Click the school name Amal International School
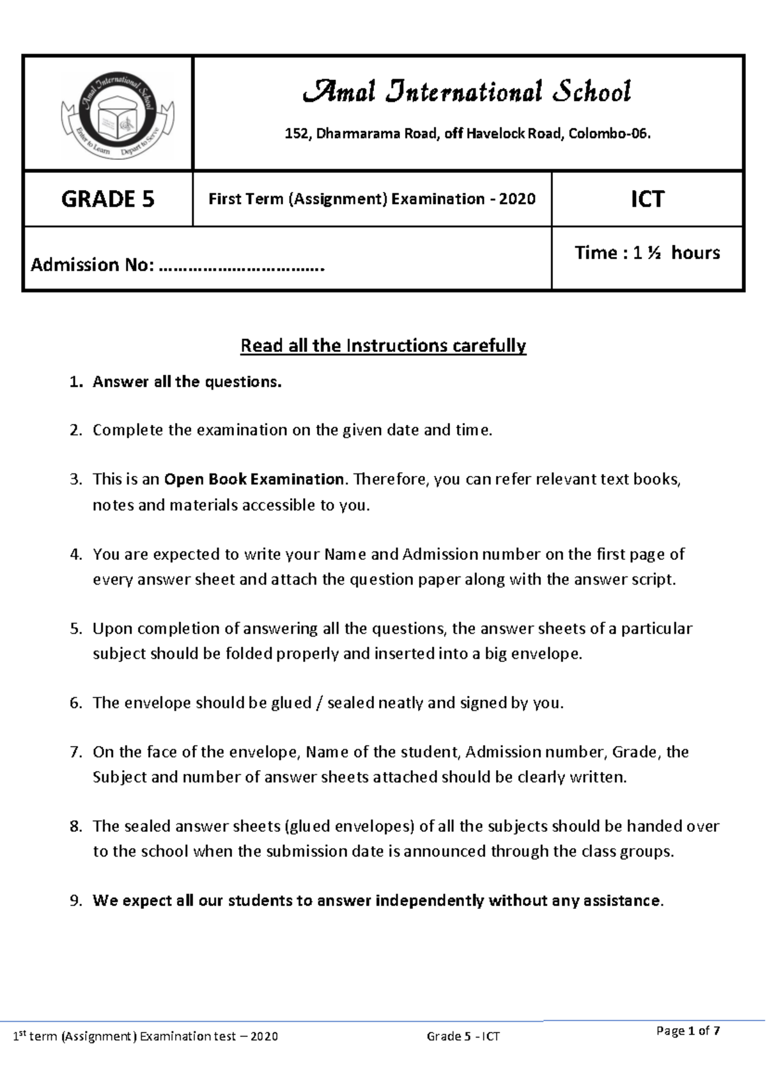pyautogui.click(x=467, y=92)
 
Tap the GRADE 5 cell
pyautogui.click(x=107, y=199)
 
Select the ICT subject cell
pyautogui.click(x=647, y=199)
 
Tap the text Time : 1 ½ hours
pyautogui.click(x=647, y=253)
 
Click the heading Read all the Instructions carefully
pyautogui.click(x=383, y=346)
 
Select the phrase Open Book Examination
pyautogui.click(x=254, y=479)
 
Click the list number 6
pyautogui.click(x=75, y=703)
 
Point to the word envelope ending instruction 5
pyautogui.click(x=549, y=654)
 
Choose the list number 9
pyautogui.click(x=75, y=901)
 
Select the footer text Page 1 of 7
pyautogui.click(x=688, y=1031)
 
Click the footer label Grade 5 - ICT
pyautogui.click(x=463, y=1036)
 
